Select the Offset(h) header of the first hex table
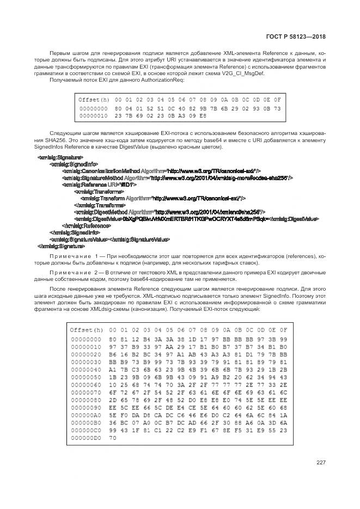click(94, 100)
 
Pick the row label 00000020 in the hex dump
click(85, 353)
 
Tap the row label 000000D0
click(85, 437)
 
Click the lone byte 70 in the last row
click(113, 437)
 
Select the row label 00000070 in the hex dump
click(85, 391)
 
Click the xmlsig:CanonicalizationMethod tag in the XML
click(101, 170)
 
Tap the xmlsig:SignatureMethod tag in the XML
click(93, 177)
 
